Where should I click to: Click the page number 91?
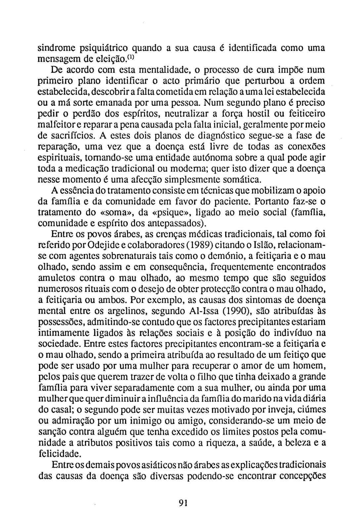tap(183, 503)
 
